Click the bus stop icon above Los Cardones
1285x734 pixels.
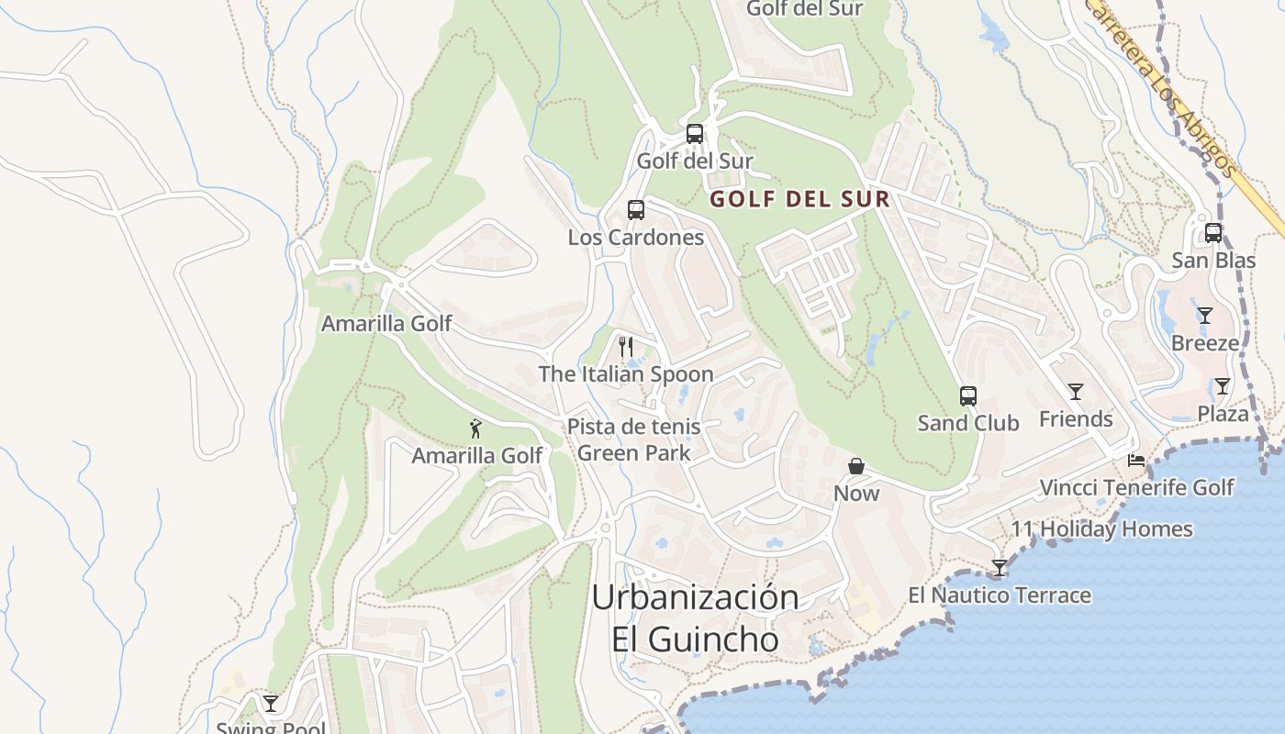[636, 210]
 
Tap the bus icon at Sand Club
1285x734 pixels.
[968, 396]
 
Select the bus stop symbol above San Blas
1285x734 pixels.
[1213, 233]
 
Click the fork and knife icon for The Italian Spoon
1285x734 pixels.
[626, 346]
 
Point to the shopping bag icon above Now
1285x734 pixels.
[856, 466]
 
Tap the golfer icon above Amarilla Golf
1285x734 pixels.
[475, 428]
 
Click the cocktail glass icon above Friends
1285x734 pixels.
[1076, 392]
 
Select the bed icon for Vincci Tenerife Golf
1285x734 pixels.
[1136, 460]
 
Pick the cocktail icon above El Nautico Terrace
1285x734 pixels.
[1000, 568]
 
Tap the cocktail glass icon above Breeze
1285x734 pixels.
[1205, 316]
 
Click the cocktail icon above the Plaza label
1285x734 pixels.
[1223, 386]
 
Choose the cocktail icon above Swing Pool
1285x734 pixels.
[271, 704]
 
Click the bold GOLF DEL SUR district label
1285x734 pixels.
[800, 199]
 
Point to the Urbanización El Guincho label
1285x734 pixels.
[695, 617]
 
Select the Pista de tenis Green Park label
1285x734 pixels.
[633, 439]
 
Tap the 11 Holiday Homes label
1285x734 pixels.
[1102, 529]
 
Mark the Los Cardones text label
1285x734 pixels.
[636, 238]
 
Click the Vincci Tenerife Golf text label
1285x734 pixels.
[1136, 487]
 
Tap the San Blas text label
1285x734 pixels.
[1213, 261]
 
